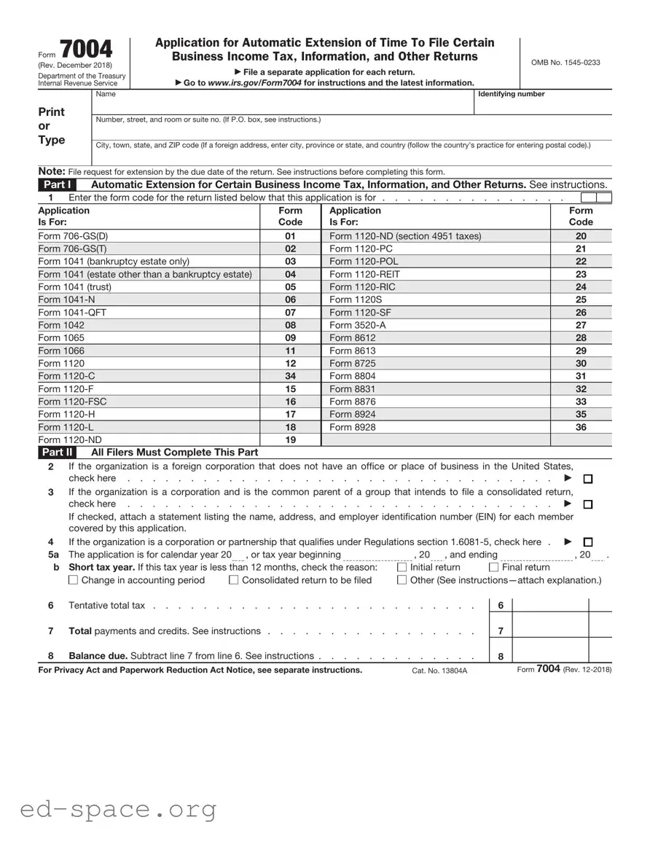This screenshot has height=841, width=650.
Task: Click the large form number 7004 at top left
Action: tap(86, 50)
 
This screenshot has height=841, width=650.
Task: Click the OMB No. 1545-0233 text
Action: tap(565, 63)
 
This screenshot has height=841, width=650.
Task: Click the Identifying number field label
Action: tap(511, 94)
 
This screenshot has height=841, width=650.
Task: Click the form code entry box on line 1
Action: tap(595, 197)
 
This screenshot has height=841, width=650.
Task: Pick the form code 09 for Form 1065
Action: tap(290, 338)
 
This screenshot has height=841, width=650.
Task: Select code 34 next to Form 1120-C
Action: tap(290, 376)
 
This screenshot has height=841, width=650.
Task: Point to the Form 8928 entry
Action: tap(353, 427)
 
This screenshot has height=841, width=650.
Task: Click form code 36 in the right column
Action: tap(581, 427)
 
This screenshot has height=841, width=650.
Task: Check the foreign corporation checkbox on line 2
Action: tap(588, 479)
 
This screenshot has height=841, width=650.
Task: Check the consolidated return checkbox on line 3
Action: tap(588, 504)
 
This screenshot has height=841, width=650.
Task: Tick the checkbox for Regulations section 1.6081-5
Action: tap(588, 542)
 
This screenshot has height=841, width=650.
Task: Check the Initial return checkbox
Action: tap(402, 568)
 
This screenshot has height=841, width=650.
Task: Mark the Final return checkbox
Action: tap(493, 568)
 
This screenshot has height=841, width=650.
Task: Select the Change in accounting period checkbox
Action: tap(73, 581)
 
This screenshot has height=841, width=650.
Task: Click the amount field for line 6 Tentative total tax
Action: tap(551, 606)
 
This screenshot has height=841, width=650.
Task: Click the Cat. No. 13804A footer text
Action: tap(439, 670)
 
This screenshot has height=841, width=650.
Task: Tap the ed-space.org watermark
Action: tap(119, 809)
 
